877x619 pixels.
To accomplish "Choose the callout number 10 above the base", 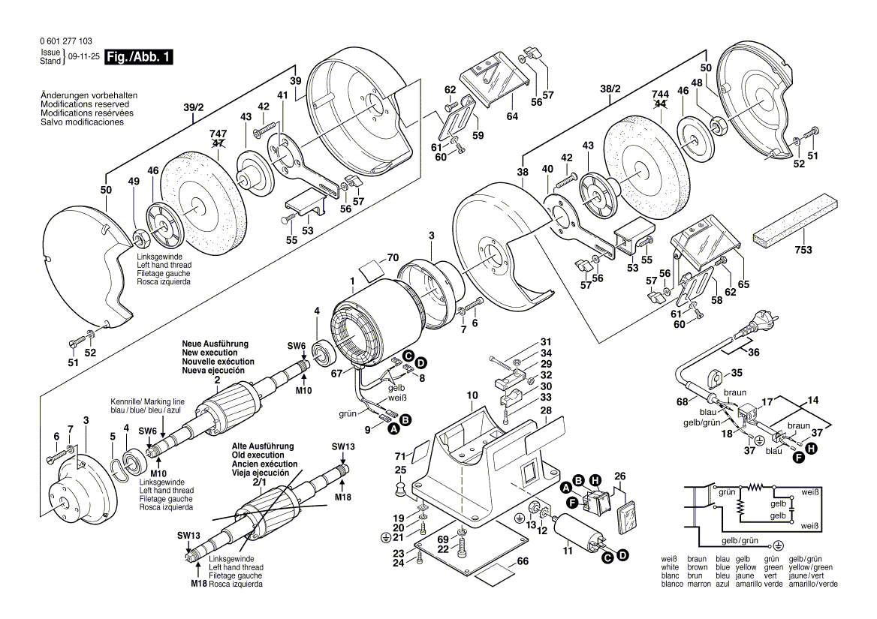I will coord(472,395).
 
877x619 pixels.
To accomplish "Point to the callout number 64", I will coord(512,116).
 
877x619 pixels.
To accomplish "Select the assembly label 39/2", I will coord(194,108).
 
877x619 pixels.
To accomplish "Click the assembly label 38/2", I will coord(611,89).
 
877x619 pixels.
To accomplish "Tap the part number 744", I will coord(661,93).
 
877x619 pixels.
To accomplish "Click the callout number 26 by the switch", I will coord(619,476).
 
